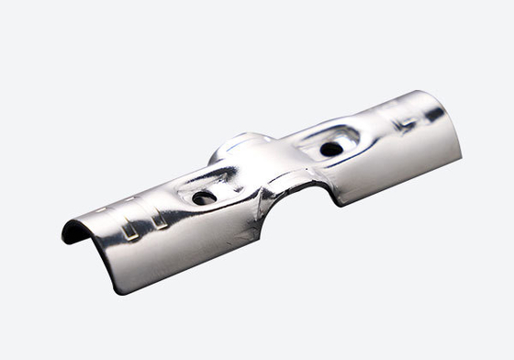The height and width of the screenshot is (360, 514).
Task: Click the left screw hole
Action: pyautogui.click(x=204, y=197)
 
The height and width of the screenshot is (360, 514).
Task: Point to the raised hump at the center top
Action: pyautogui.click(x=240, y=145)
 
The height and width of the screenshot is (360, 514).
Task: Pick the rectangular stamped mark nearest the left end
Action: pyautogui.click(x=129, y=229)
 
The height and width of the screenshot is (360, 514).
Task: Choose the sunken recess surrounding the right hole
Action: pyautogui.click(x=328, y=141)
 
